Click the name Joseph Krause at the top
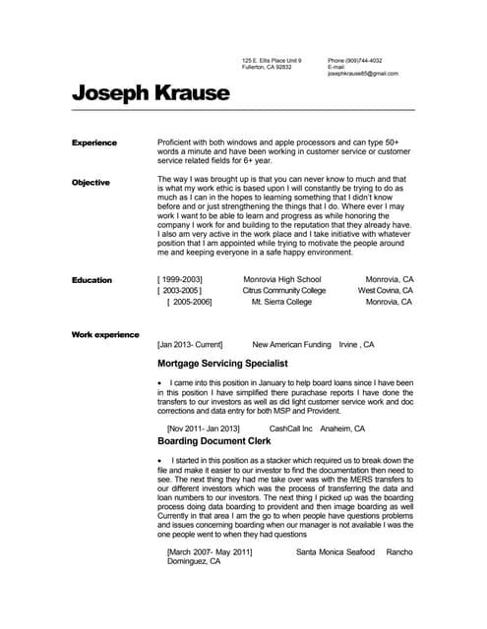(151, 93)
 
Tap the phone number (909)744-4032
(363, 60)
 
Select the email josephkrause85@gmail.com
(362, 74)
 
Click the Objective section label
(91, 183)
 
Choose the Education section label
(91, 280)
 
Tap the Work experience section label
(105, 335)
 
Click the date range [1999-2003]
(180, 280)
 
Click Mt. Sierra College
(281, 302)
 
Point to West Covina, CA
(385, 291)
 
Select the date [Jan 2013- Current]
(190, 345)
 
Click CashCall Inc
(290, 429)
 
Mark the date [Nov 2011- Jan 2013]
(204, 429)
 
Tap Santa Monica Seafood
(335, 552)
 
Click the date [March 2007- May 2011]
(210, 552)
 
